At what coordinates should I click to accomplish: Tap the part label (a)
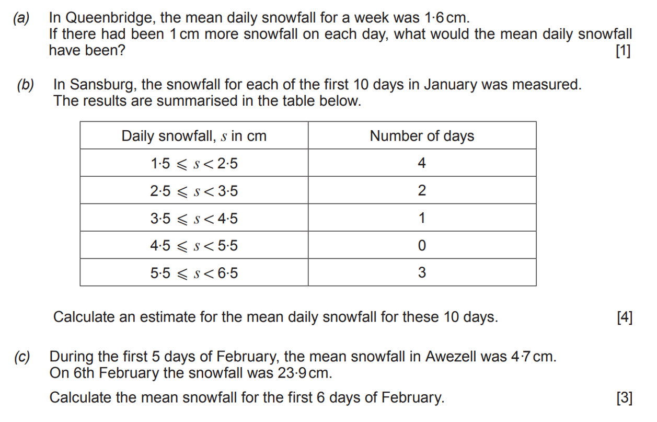(x=21, y=18)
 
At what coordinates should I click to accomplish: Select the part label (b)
(x=26, y=85)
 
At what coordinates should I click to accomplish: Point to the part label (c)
(x=21, y=357)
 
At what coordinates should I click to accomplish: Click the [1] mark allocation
(x=623, y=51)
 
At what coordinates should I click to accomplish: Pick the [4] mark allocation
(x=624, y=317)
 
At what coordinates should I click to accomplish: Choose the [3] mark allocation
(x=624, y=398)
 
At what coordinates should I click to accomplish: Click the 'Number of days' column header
(x=422, y=136)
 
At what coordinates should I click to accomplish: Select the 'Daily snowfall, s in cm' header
(x=194, y=136)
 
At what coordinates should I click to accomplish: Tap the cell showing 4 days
(x=422, y=163)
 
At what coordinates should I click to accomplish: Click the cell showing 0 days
(x=422, y=245)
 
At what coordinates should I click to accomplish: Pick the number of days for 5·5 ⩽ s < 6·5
(x=422, y=272)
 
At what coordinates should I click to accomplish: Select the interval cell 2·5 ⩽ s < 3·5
(x=194, y=191)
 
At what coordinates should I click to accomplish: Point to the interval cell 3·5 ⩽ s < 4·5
(x=194, y=218)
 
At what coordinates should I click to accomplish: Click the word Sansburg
(x=99, y=85)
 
